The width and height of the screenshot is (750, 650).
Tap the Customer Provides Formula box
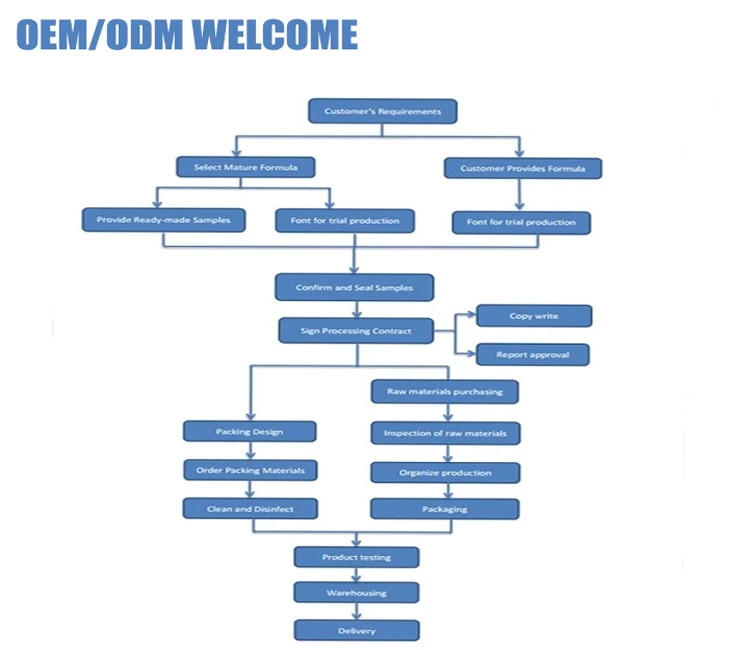tap(522, 168)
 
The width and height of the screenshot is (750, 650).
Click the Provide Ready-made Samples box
tap(163, 220)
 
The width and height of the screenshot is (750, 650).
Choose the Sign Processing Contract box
tap(356, 331)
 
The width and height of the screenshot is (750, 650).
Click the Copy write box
tap(534, 316)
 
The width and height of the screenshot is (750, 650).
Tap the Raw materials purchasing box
tap(445, 392)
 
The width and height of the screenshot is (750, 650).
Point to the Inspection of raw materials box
tap(446, 433)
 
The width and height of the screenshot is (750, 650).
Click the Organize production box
tap(445, 472)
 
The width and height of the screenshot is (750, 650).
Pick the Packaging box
tap(444, 509)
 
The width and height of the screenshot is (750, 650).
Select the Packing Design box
tap(249, 432)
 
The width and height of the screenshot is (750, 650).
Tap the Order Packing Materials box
tap(250, 469)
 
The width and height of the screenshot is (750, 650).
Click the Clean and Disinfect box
tap(250, 509)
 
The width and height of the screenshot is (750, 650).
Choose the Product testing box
tap(356, 557)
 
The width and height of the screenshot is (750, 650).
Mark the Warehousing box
tap(356, 593)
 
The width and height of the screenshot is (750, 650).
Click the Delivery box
tap(356, 631)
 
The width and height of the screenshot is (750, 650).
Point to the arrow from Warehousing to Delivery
tap(356, 611)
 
